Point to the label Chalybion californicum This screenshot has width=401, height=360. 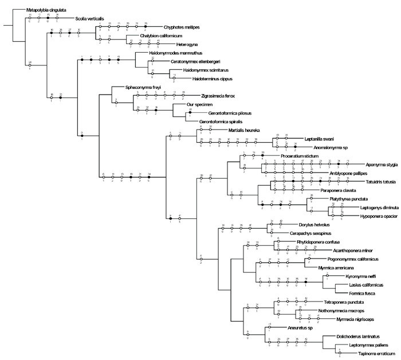[149, 36]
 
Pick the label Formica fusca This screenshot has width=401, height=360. [353, 294]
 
